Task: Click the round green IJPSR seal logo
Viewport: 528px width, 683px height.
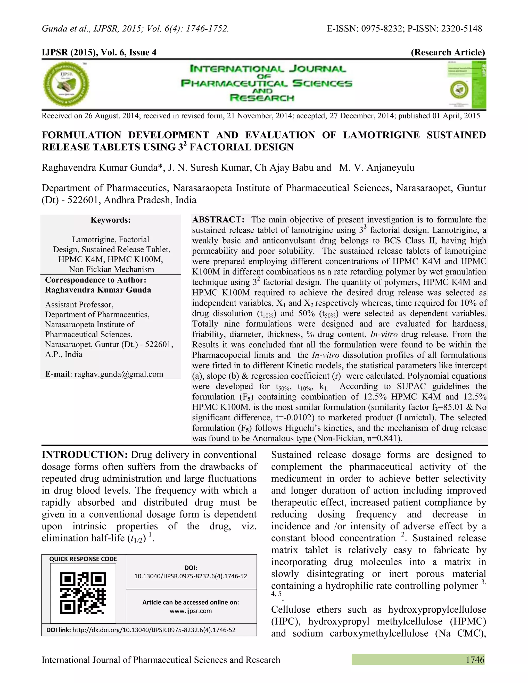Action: pyautogui.click(x=66, y=84)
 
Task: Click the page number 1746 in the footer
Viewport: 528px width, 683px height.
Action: pyautogui.click(x=475, y=660)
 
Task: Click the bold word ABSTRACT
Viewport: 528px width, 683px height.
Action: pyautogui.click(x=218, y=220)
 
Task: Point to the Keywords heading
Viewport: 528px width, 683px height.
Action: pyautogui.click(x=110, y=220)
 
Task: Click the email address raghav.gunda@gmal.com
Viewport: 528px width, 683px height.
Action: pyautogui.click(x=119, y=374)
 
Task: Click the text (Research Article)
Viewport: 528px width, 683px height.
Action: pyautogui.click(x=448, y=52)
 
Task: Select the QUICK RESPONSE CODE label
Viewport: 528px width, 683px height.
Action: pyautogui.click(x=83, y=559)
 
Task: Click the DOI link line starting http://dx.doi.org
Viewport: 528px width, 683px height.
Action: pyautogui.click(x=154, y=630)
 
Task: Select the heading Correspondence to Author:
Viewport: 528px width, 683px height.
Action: pyautogui.click(x=95, y=280)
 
